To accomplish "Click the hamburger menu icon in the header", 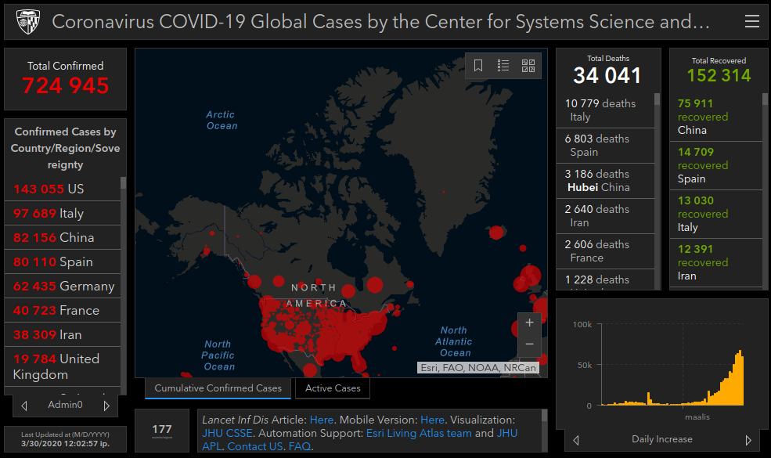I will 751,22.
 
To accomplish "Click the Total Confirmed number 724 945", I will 66,86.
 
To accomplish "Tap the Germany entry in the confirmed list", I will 63,286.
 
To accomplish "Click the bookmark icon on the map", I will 478,66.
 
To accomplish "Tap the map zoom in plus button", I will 529,323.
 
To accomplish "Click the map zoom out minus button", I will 529,344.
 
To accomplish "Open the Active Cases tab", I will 333,388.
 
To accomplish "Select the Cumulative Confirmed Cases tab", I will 218,388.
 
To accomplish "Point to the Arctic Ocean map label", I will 222,120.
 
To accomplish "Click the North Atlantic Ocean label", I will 454,341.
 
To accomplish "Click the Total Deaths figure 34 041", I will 607,75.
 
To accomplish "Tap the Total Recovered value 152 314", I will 719,75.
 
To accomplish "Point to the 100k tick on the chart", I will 582,324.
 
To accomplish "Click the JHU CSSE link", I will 226,432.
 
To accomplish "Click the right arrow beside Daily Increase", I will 748,440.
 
